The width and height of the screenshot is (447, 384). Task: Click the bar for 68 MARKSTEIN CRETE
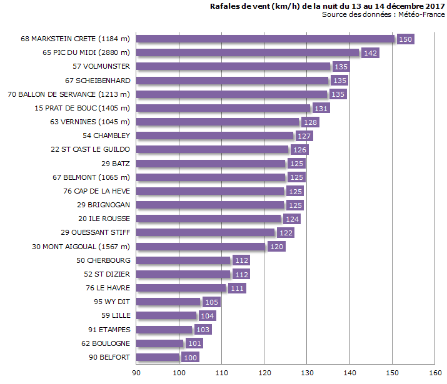coord(266,39)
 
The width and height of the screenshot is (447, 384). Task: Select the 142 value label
coord(371,53)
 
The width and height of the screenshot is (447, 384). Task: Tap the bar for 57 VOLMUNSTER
coord(233,66)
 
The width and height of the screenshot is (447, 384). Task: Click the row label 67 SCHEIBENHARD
coord(98,81)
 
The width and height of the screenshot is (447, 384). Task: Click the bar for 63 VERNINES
coord(218,122)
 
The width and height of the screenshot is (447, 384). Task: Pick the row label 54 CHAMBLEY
coord(106,135)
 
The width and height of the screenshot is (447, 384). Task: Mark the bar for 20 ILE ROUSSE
coord(209,219)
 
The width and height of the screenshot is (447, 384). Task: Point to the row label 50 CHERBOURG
coord(103,260)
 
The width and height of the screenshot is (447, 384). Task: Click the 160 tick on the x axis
coord(434,373)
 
